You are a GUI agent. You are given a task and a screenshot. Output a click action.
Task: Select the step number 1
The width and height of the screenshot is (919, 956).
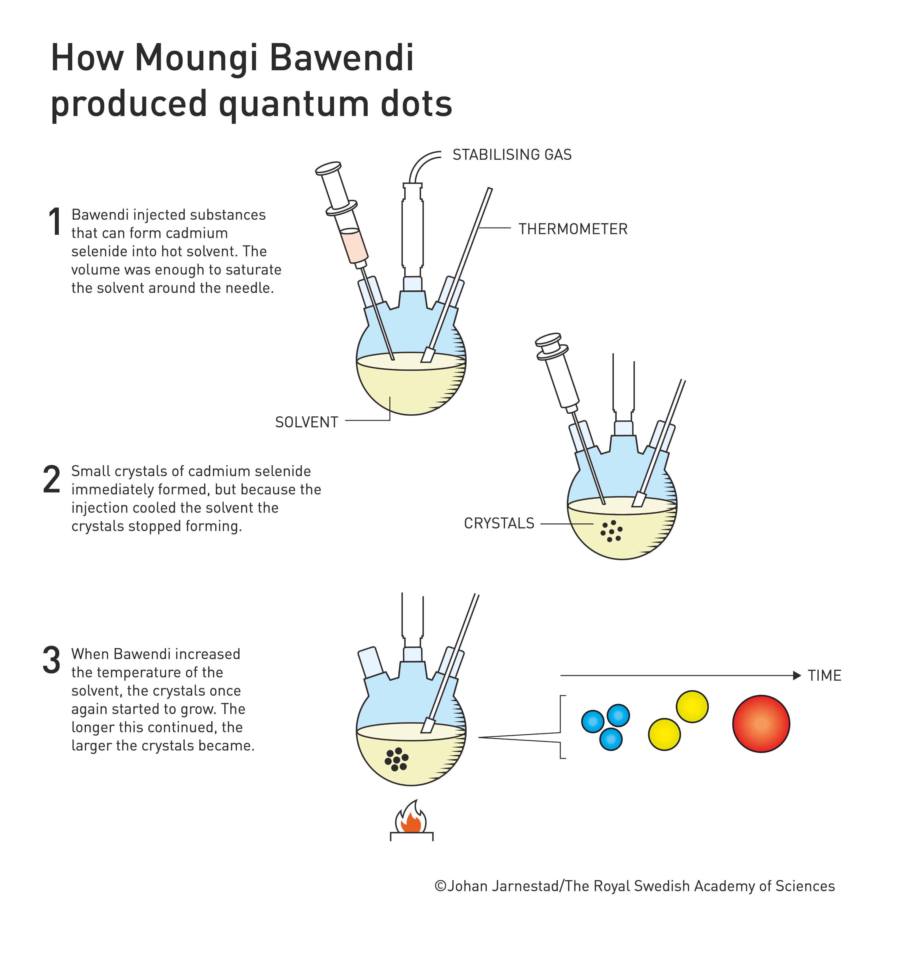point(55,222)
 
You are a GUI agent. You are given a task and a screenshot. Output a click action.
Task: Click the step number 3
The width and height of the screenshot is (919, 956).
point(52,661)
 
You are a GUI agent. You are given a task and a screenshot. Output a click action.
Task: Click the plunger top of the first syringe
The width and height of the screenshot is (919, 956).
point(327,168)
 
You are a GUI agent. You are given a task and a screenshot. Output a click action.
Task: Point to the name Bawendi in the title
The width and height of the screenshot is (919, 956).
point(342,59)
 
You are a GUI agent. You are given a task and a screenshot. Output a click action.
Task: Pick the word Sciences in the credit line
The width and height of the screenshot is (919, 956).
point(805,886)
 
